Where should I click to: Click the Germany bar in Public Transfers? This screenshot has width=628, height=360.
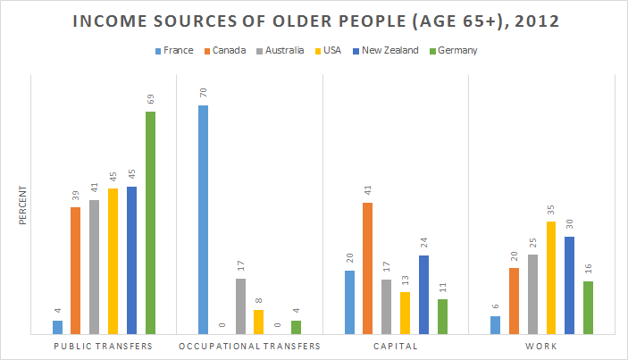(x=150, y=222)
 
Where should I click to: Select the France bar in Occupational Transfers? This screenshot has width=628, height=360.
(x=204, y=220)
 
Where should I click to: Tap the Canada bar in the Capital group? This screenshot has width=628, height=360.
(x=368, y=268)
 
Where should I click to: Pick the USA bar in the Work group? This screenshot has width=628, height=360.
(x=551, y=278)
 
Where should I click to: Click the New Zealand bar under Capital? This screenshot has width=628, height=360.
(x=423, y=295)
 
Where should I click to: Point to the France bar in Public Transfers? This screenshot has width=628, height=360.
(x=58, y=327)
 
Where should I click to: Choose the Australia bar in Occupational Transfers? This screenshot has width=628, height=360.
(x=240, y=306)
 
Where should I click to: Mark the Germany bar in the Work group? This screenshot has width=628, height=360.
(x=588, y=307)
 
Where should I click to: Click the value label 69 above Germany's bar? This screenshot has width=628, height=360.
(x=150, y=97)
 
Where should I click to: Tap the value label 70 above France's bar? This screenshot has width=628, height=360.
(x=204, y=91)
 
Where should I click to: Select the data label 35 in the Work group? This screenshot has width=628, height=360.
(x=551, y=207)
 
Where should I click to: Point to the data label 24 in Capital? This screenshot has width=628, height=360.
(x=423, y=241)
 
